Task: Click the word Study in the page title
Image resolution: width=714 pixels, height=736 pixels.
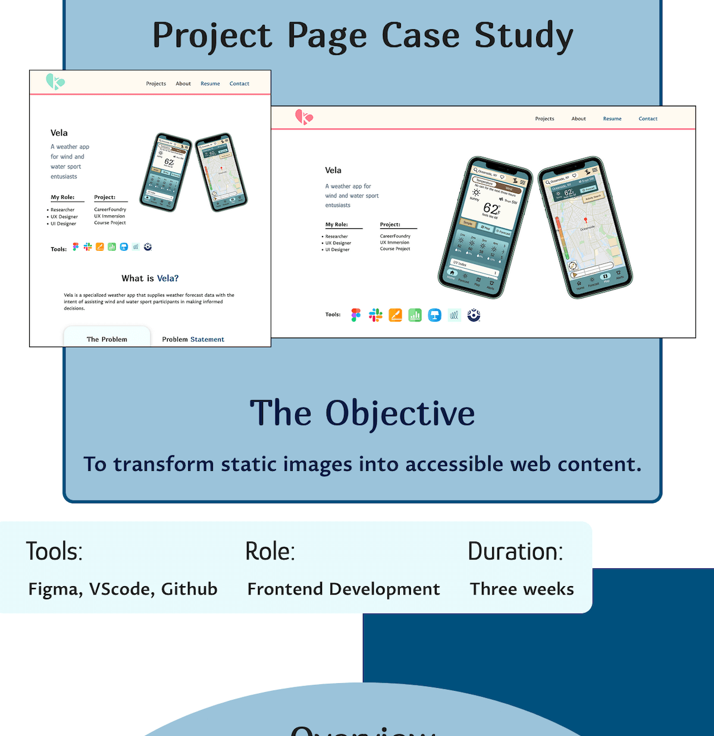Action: point(524,36)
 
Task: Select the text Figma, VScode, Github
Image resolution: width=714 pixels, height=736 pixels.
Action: point(123,589)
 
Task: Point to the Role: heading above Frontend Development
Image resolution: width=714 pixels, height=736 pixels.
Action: point(270,551)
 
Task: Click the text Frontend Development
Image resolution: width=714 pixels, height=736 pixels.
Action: point(343,589)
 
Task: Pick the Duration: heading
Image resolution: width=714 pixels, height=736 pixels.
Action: point(515,551)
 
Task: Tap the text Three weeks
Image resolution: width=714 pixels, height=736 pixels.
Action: point(522,589)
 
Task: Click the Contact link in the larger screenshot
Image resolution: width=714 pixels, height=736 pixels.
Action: point(648,119)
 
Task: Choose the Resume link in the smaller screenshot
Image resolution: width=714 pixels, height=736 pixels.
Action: point(210,84)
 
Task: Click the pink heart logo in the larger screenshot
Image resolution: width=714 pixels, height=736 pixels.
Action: point(304,117)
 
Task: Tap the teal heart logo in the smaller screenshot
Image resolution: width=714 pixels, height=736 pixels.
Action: point(55,81)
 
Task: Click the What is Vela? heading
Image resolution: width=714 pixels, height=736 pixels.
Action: point(150,278)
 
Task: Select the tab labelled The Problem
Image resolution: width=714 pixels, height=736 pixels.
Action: point(107,339)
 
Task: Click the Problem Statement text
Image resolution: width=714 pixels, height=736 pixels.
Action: point(193,339)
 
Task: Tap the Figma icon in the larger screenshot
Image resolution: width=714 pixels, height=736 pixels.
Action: point(356,315)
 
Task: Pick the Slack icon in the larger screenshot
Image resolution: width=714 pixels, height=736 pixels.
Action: point(375,315)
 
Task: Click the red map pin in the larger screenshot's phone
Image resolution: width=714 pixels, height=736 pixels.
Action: point(585,220)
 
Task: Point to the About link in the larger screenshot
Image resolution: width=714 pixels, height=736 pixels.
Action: point(578,119)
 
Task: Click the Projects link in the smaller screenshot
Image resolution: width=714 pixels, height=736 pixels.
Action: point(156,84)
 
